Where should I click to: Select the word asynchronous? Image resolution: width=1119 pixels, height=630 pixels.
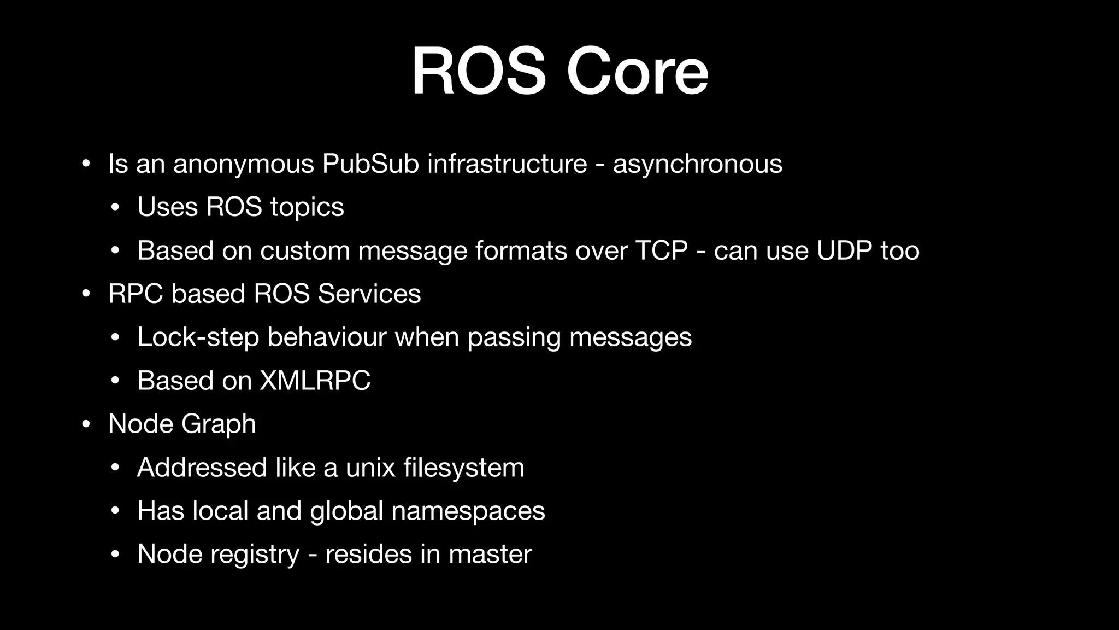[697, 165]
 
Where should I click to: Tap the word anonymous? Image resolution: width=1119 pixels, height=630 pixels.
[244, 165]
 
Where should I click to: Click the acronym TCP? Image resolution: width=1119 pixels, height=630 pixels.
[661, 250]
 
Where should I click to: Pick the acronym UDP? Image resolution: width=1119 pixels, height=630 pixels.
[844, 250]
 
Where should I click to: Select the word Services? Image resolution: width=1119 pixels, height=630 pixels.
[369, 294]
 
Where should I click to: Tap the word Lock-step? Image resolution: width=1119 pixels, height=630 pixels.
[198, 337]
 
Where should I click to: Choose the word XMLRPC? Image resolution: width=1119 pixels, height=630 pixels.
[315, 381]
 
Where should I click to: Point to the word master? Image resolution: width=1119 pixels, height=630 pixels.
[490, 554]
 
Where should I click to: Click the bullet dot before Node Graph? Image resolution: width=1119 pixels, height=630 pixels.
[85, 425]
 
